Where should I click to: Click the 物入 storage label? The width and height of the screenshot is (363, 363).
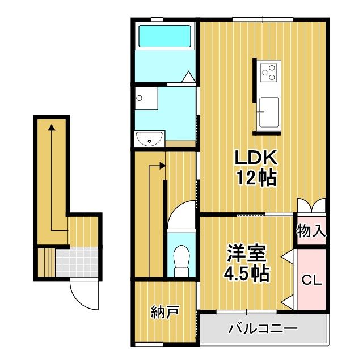[x=311, y=231]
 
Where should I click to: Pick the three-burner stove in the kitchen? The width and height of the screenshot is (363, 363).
[x=269, y=72]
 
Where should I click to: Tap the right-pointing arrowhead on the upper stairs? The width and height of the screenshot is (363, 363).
[x=162, y=166]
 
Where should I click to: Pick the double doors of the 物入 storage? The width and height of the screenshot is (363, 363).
[x=311, y=205]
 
